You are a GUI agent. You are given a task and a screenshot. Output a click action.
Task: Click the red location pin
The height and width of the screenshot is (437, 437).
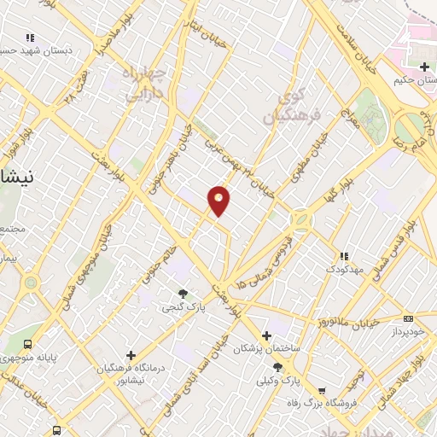[219, 200]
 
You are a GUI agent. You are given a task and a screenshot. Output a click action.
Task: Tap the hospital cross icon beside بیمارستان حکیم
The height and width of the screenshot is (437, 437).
[425, 67]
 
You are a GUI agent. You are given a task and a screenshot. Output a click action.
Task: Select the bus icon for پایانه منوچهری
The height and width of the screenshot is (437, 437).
[28, 344]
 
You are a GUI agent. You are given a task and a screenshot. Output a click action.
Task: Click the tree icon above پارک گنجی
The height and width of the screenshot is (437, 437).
[183, 294]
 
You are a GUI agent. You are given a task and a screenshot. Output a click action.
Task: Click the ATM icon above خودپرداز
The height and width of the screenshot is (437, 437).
[407, 318]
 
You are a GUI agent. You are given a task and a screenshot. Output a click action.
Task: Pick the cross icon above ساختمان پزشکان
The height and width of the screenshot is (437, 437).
[267, 335]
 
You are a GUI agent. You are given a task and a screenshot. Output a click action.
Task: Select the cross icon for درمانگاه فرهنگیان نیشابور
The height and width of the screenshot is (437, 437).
[131, 354]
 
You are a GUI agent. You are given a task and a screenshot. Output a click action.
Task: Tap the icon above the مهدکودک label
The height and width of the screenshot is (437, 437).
[344, 256]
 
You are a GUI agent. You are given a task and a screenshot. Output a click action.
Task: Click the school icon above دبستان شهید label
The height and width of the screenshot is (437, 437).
[31, 38]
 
